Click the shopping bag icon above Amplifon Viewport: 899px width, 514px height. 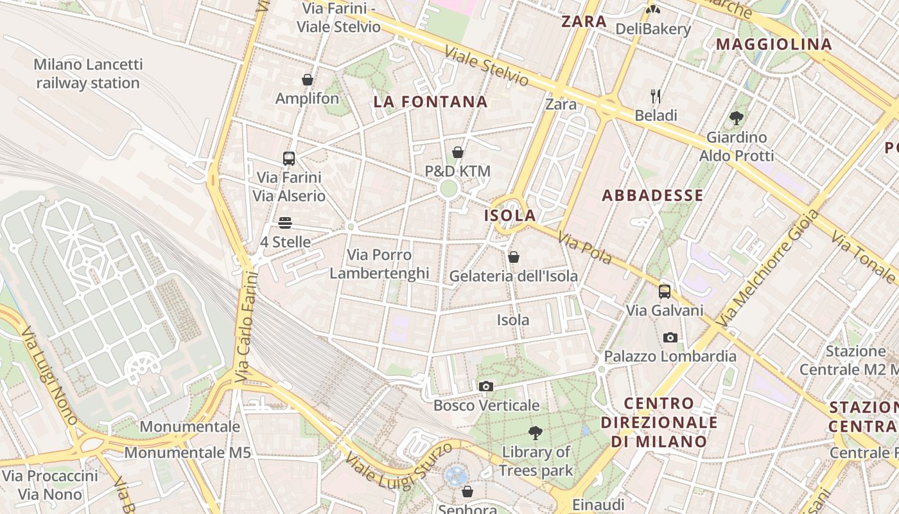pos(308,80)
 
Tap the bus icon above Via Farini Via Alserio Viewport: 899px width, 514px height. pos(289,158)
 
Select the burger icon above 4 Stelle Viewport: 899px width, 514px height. pos(285,223)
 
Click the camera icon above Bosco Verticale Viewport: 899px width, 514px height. pos(486,386)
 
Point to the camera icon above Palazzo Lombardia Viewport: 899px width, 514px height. pos(670,337)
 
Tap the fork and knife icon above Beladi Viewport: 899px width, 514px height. pos(656,96)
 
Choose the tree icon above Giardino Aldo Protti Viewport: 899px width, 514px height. pos(736,118)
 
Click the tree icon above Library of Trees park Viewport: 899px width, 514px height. pos(535,433)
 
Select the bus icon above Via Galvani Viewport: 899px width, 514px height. pos(665,292)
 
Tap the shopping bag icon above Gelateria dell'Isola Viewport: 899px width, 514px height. pos(513,257)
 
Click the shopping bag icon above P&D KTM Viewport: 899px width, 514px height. pos(458,152)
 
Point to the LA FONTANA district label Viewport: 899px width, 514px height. pos(430,102)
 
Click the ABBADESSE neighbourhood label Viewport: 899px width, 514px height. pos(652,195)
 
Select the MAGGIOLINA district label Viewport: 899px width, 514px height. pos(774,44)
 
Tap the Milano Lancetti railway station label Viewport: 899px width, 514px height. pos(88,74)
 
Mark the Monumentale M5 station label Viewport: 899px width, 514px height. pos(187,452)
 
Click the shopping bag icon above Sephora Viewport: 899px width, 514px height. pos(467,492)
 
